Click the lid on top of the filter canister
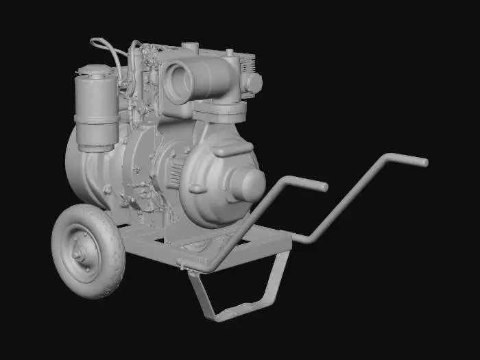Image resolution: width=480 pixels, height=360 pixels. coord(95,71)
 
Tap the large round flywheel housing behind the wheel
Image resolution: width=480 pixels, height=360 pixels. coord(82,168)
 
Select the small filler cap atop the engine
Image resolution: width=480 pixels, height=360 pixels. coord(190,47)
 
